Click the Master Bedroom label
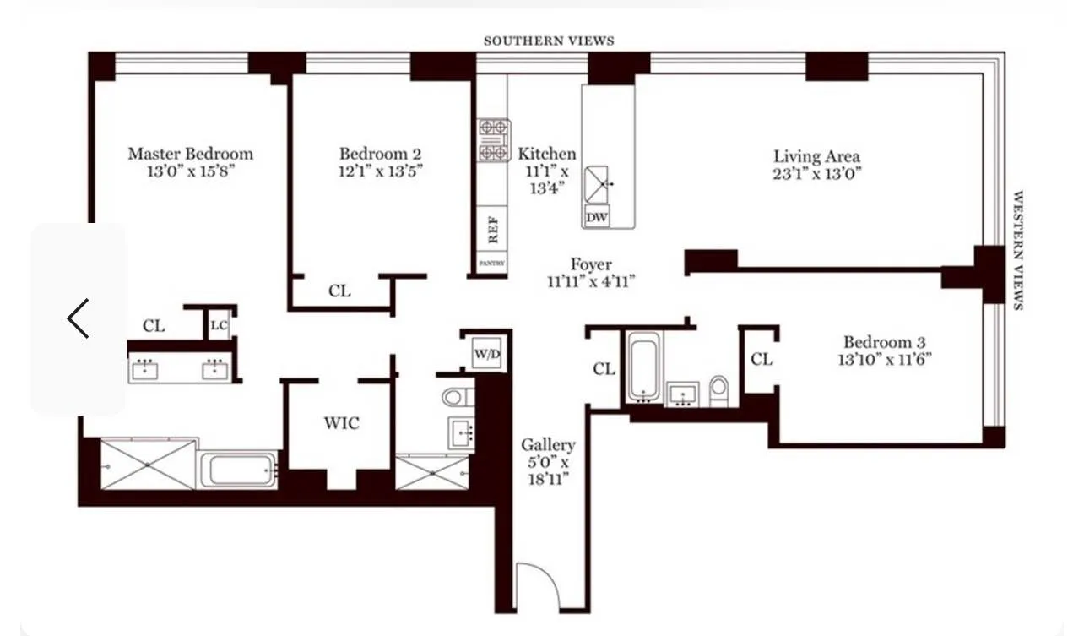point(190,154)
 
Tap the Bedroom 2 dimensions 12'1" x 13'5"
point(380,170)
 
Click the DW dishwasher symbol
point(596,216)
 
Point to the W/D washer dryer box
point(486,353)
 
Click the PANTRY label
point(492,264)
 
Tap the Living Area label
point(816,156)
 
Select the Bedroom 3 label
point(878,342)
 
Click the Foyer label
point(590,264)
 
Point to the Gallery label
point(547,444)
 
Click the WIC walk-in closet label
point(341,422)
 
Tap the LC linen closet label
point(219,325)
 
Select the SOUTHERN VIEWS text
point(548,41)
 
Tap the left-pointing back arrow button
point(78,318)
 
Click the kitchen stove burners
point(494,140)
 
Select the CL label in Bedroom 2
point(339,291)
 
